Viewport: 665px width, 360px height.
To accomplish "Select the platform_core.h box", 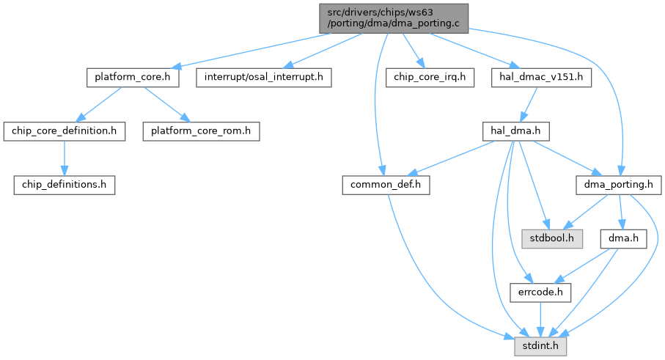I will click(x=133, y=76).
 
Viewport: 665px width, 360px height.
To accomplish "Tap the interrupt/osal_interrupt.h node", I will click(x=264, y=76).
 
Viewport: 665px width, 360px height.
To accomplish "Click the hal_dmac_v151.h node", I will click(x=541, y=76).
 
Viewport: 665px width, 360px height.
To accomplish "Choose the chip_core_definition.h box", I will click(x=64, y=131).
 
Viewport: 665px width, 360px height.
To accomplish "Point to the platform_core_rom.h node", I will click(x=200, y=131).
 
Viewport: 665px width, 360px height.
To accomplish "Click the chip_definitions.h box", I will click(x=64, y=185).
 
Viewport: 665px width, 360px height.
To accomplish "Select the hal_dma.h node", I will click(x=515, y=131).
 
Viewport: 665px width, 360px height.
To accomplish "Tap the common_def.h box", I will click(x=386, y=185).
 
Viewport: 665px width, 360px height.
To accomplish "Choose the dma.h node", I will click(x=619, y=239).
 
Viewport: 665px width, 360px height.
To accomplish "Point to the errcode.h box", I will click(x=540, y=293).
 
